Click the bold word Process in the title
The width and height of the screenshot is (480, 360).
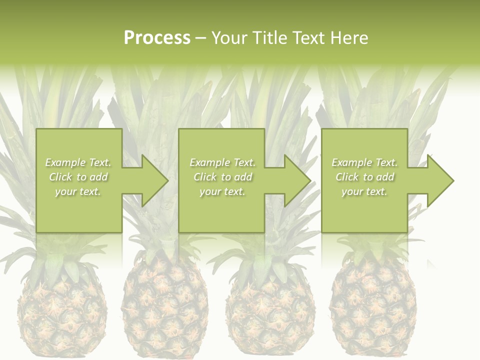157,38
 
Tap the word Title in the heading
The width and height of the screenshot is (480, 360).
268,38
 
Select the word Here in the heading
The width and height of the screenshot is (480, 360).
349,38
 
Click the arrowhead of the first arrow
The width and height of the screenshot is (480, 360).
155,180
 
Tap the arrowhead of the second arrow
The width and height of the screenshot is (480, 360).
297,180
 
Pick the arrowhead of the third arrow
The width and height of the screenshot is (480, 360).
440,180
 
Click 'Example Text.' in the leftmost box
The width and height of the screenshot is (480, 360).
78,162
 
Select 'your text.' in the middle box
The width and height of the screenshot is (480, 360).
222,191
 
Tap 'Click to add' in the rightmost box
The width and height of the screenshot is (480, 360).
364,177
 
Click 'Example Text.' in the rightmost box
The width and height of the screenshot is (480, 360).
364,162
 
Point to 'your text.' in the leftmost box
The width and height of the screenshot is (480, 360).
78,191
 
